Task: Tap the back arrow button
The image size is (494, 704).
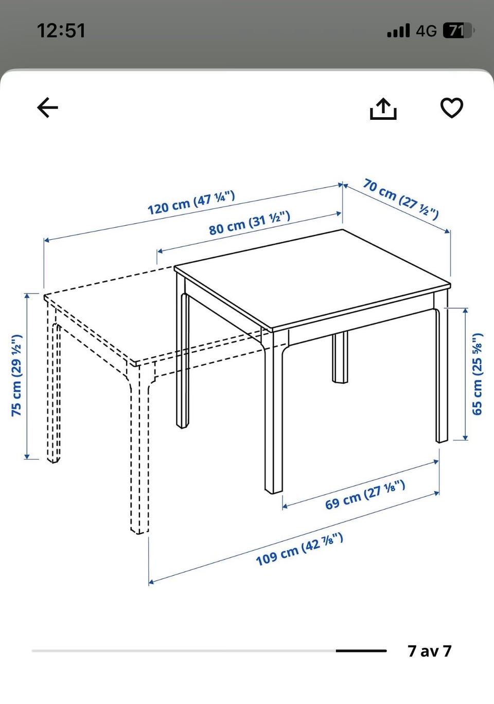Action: click(47, 107)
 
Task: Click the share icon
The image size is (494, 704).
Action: click(383, 109)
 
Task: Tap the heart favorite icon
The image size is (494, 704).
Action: click(451, 108)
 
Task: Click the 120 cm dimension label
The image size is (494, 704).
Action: click(191, 203)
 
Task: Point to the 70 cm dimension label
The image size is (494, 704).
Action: click(401, 199)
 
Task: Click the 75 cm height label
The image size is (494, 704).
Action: click(16, 375)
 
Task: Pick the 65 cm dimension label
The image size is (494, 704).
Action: click(477, 374)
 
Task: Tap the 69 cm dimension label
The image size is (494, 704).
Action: click(365, 495)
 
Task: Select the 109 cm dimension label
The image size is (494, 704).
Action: click(299, 549)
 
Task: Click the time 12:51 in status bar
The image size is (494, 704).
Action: click(61, 31)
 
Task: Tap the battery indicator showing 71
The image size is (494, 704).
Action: click(458, 30)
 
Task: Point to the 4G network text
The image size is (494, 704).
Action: click(427, 31)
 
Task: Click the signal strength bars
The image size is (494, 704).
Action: click(398, 30)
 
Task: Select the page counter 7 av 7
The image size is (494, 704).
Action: click(430, 651)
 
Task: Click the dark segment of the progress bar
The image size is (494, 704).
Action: click(361, 651)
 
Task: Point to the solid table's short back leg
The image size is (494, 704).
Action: click(340, 357)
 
